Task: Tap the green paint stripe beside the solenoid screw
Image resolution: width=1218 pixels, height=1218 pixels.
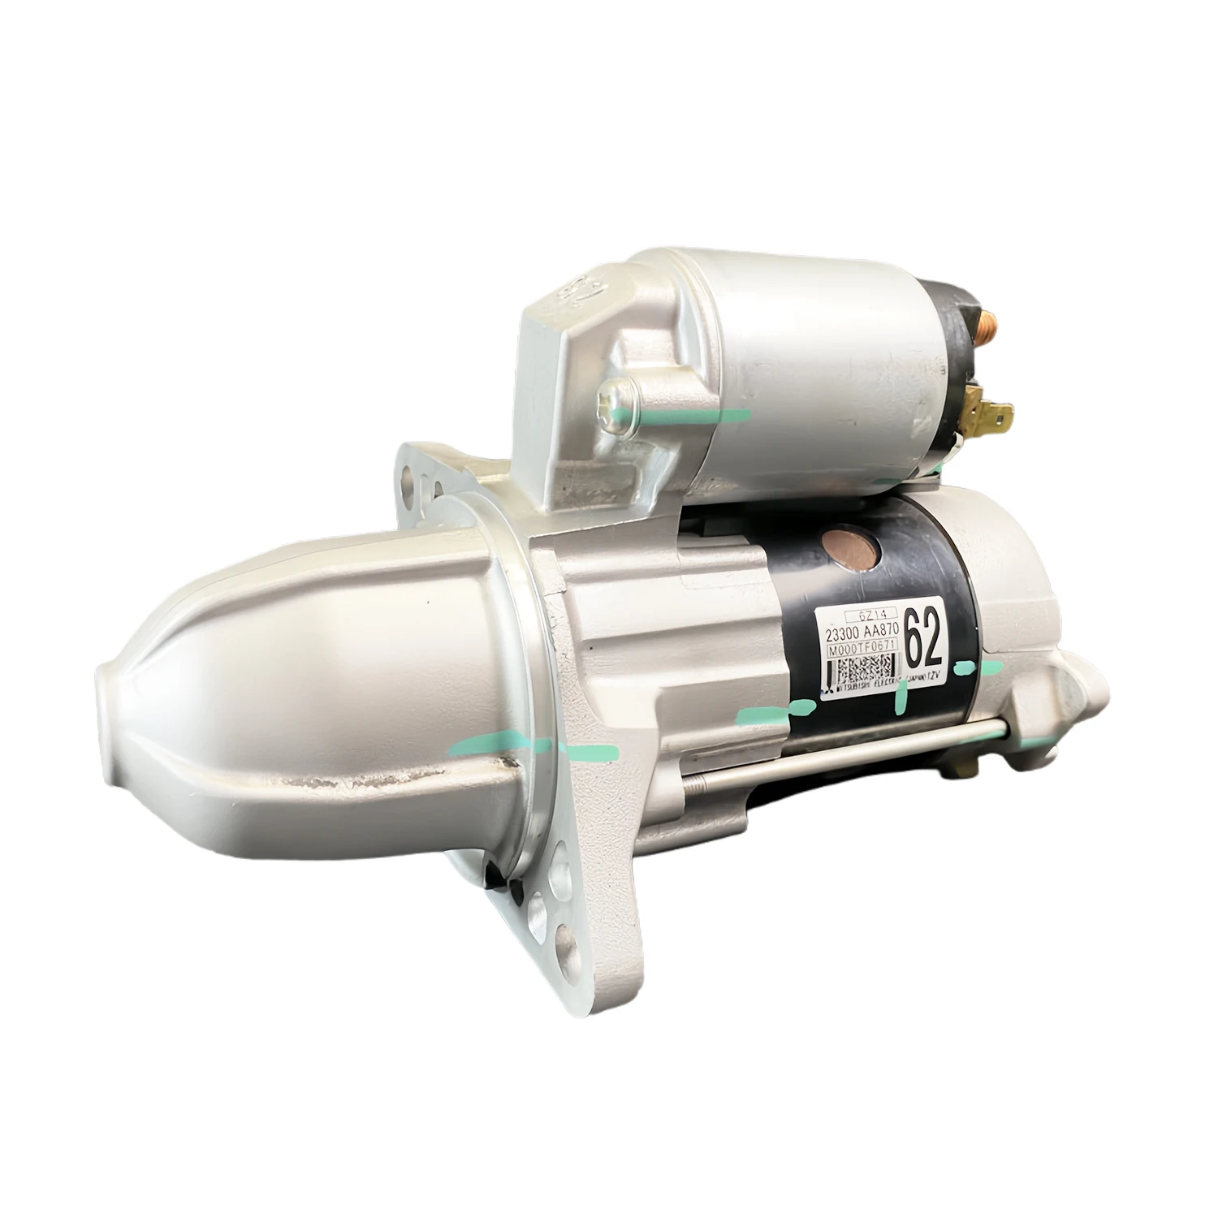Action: pos(698,417)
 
